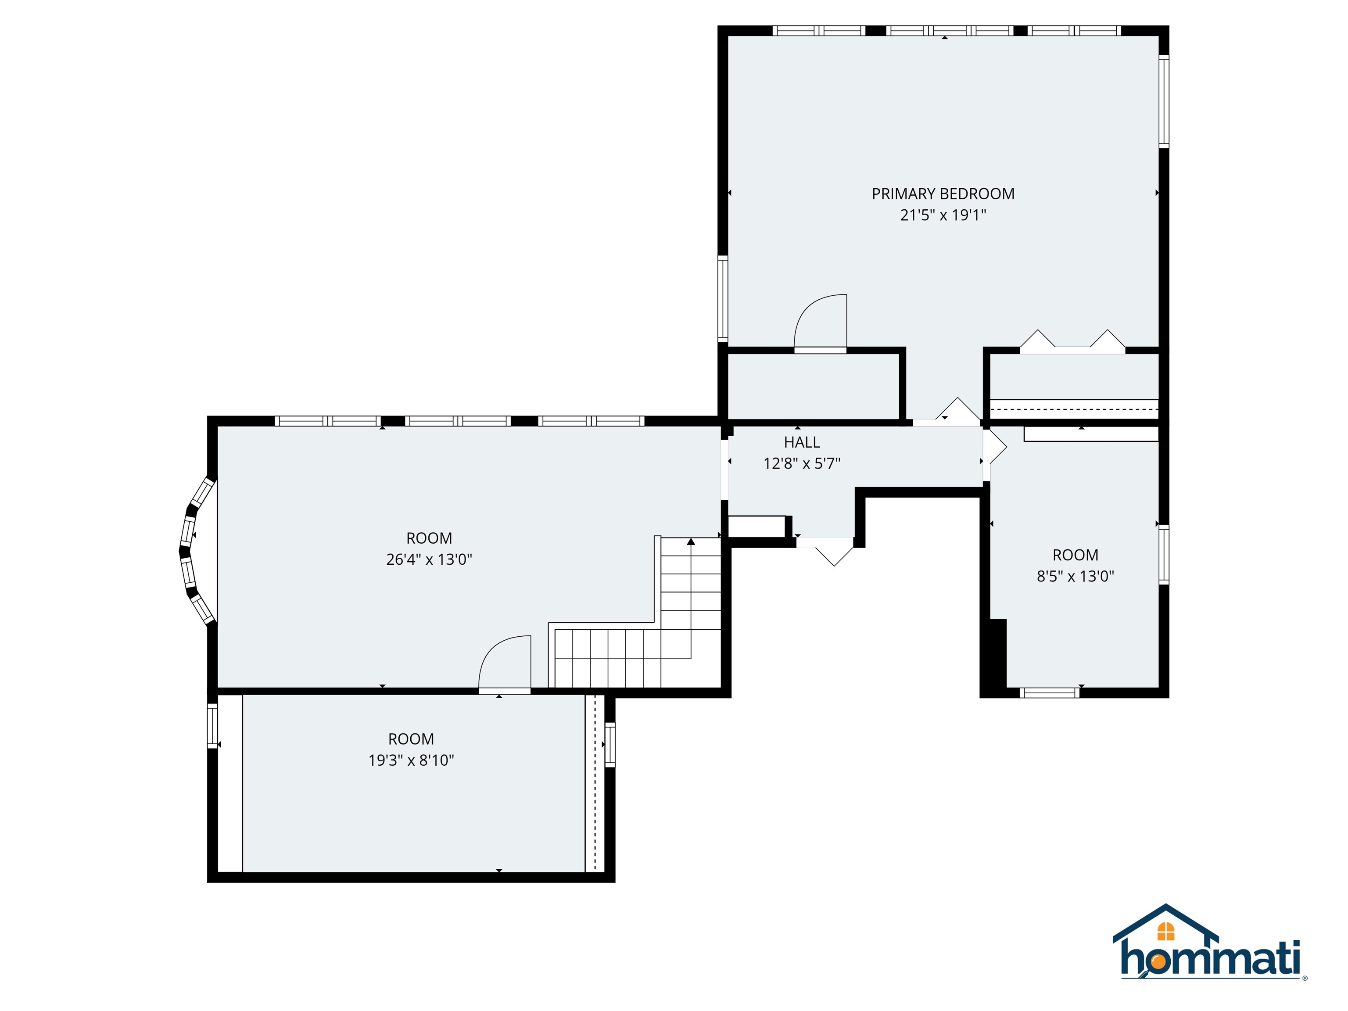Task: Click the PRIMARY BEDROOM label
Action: (943, 194)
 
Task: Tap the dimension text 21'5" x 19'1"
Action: (943, 215)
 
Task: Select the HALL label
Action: (801, 442)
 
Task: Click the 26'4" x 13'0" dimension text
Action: (429, 559)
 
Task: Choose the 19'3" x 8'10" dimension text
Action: (411, 760)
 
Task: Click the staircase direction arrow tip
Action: (690, 541)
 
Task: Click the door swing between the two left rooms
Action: (505, 663)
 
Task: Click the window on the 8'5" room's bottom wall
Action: (1049, 692)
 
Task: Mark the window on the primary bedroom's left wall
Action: (723, 299)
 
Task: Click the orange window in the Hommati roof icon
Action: (1165, 931)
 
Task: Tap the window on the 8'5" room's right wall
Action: (1163, 555)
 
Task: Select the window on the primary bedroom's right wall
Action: (1163, 101)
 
